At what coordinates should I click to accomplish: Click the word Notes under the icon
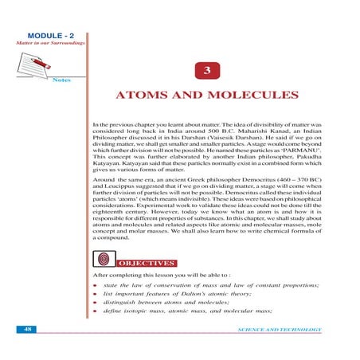point(61,80)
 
